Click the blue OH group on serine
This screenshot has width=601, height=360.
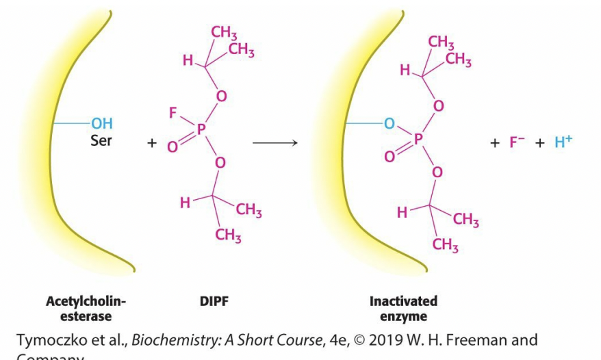(x=101, y=124)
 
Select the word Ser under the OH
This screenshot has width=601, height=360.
(x=101, y=141)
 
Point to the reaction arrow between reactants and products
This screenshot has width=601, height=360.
(x=274, y=143)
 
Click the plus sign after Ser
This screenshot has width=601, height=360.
(x=151, y=144)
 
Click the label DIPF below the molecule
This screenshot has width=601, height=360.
(x=213, y=301)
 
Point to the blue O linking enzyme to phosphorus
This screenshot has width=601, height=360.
(x=389, y=125)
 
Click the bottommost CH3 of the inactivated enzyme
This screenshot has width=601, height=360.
(x=445, y=246)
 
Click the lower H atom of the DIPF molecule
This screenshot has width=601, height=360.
(x=184, y=202)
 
